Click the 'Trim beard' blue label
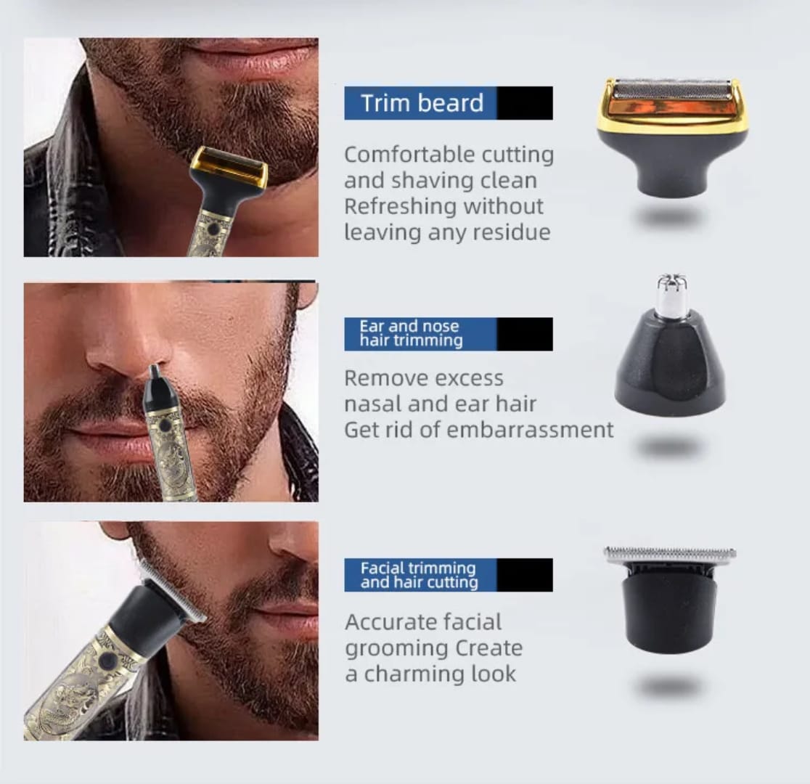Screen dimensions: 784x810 click(421, 103)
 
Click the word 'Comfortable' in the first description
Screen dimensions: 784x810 click(398, 155)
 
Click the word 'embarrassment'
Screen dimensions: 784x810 click(529, 430)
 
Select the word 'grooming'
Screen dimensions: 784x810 click(397, 648)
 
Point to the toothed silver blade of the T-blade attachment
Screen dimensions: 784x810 click(669, 554)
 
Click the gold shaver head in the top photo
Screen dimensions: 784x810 click(229, 166)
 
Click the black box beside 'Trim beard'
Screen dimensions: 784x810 click(525, 103)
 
